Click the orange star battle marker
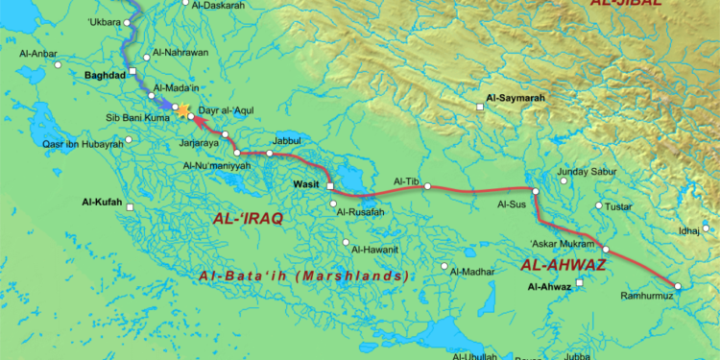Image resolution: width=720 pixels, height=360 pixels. (183, 111)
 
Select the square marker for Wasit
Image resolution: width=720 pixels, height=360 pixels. (329, 185)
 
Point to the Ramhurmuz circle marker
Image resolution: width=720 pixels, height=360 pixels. (677, 286)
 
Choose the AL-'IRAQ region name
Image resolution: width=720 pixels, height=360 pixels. (248, 219)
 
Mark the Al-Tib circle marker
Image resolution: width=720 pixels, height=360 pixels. (428, 186)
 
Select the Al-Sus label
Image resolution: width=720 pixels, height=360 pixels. (512, 204)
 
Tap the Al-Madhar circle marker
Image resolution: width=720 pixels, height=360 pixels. (444, 267)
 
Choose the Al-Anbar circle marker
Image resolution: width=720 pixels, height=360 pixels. (58, 65)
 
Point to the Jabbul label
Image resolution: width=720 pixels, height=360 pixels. (260, 139)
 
